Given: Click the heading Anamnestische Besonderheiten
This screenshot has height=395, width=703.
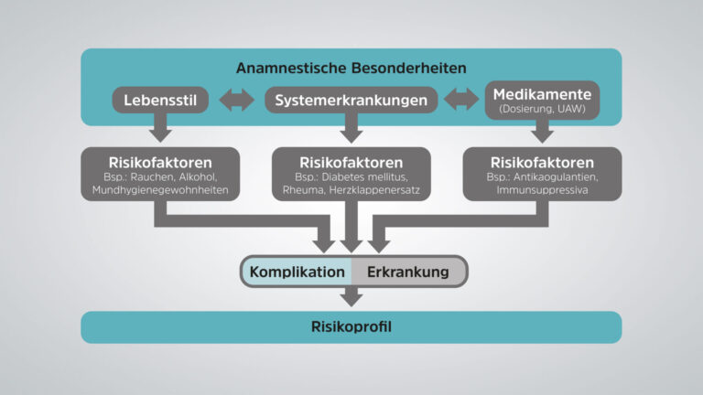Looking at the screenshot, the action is tap(351, 68).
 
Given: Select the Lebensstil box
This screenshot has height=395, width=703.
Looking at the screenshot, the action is tap(160, 100).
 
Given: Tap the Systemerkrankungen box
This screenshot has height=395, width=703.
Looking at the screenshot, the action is tap(351, 100).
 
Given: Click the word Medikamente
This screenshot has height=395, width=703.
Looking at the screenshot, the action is tap(542, 94).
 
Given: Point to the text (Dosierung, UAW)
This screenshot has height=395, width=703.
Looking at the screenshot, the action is tap(542, 109).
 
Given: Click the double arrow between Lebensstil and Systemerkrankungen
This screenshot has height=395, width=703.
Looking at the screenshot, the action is tap(237, 100).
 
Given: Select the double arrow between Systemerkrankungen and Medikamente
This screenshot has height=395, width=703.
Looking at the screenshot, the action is tap(461, 100).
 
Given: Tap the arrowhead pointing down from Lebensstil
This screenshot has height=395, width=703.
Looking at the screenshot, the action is tap(160, 136).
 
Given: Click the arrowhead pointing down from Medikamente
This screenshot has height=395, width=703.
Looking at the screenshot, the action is tap(542, 136).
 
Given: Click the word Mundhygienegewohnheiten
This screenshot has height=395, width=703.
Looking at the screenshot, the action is tap(160, 190).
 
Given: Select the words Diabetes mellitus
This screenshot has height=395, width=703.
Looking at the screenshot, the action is tap(364, 176).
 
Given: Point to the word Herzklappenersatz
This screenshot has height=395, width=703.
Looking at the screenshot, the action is tap(374, 190).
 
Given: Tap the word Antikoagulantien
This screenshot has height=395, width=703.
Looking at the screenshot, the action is tap(556, 176).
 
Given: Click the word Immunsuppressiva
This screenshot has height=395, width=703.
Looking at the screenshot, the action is tap(542, 190).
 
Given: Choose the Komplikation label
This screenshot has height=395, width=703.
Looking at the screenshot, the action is tap(297, 272).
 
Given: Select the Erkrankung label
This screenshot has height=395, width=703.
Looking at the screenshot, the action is tap(408, 272).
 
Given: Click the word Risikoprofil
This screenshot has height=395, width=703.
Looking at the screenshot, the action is tap(351, 327).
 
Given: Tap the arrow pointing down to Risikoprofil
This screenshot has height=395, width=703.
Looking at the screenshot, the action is tap(351, 297).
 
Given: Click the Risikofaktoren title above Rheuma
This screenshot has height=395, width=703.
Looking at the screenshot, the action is tap(351, 163).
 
